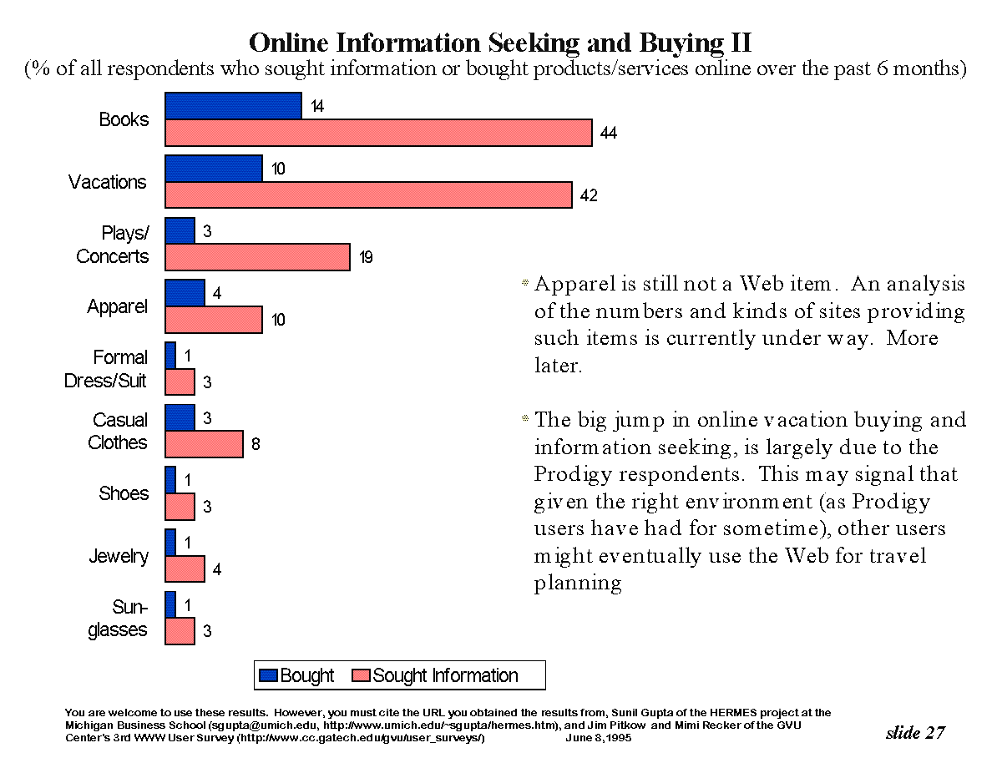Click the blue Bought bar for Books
pos(233,106)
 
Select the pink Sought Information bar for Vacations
pos(368,195)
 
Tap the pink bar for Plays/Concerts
pos(257,257)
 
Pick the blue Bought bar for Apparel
pos(185,293)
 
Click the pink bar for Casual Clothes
pos(204,444)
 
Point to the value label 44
pos(608,134)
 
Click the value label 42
pos(589,196)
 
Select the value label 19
pos(366,258)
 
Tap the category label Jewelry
pos(119,556)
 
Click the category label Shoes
pos(124,493)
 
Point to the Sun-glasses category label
pos(119,619)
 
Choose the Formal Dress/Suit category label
pos(107,369)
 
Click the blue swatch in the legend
pos(268,675)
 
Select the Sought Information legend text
pos(445,675)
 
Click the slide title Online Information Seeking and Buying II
pos(501,42)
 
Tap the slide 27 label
pos(915,732)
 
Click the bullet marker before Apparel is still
pos(525,284)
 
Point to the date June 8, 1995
pos(599,738)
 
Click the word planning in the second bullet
pos(578,584)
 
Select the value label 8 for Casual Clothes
pos(256,445)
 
